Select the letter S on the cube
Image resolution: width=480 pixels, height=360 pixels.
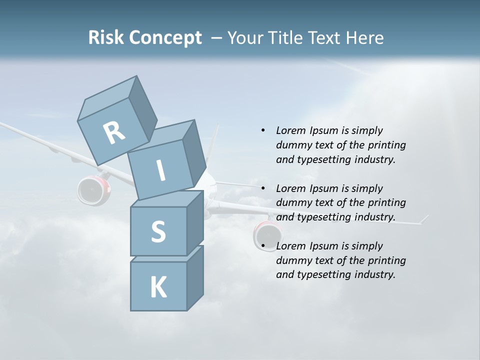(158, 231)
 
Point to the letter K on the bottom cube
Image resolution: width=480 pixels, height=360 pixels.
(158, 287)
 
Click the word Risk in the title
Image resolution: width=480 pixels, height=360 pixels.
(106, 38)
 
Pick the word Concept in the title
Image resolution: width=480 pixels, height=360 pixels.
(165, 38)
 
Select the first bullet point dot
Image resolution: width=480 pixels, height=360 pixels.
(263, 130)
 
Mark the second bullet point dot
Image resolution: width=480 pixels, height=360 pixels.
(263, 188)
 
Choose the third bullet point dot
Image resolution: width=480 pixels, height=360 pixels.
(263, 246)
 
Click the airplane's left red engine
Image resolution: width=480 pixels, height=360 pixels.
(93, 190)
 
